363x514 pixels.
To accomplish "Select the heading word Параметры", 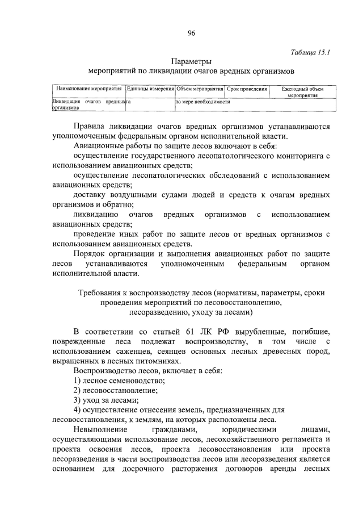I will click(x=191, y=61).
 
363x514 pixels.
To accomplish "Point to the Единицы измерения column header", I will click(x=150, y=89).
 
